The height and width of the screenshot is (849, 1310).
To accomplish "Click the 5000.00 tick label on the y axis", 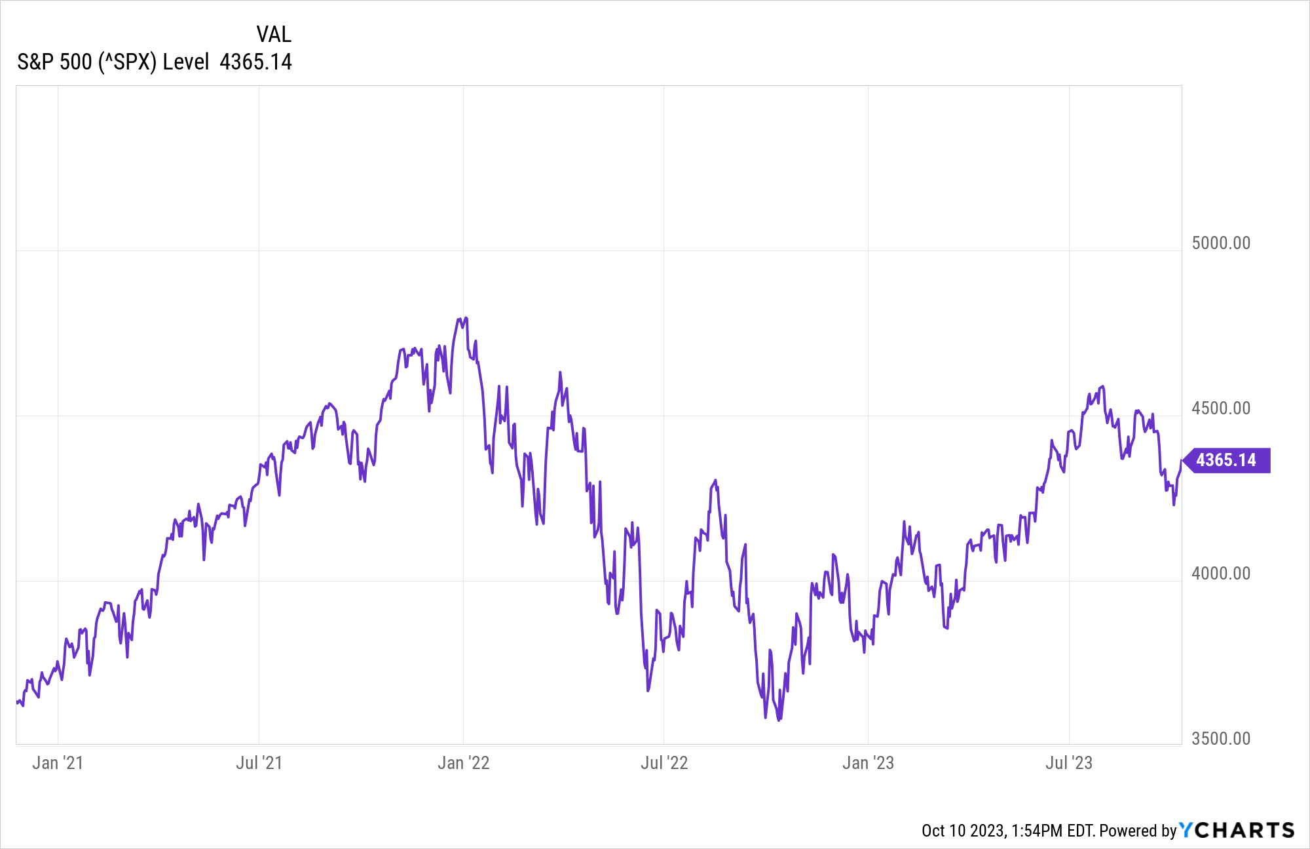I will (x=1220, y=243).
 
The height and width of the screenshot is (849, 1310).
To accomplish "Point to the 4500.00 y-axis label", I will (x=1220, y=408).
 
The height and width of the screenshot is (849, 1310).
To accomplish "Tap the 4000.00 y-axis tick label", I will (x=1220, y=574).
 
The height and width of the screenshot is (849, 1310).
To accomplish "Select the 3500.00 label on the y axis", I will (x=1220, y=739).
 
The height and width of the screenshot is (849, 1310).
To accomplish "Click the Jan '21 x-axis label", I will (x=58, y=763).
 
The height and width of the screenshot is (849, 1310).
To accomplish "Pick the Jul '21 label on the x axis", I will (x=259, y=763).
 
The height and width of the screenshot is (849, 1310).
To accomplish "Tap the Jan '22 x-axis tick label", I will (x=463, y=763).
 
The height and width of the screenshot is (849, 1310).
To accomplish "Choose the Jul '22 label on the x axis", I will (x=664, y=763).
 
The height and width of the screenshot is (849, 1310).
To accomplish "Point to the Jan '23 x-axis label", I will (x=868, y=763).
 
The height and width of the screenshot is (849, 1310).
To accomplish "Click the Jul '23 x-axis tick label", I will (x=1069, y=763).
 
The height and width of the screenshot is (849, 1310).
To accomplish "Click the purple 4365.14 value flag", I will (x=1226, y=460).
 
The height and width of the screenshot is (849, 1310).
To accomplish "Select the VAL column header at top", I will (x=274, y=34).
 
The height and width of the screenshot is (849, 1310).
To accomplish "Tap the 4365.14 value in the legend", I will (x=255, y=62).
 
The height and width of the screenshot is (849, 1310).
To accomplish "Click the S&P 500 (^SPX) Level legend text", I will (x=113, y=62).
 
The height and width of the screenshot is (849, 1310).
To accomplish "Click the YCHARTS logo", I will (x=1237, y=830).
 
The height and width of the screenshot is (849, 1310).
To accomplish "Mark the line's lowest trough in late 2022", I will (x=778, y=720).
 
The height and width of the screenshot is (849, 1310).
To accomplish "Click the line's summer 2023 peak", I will (x=1103, y=387).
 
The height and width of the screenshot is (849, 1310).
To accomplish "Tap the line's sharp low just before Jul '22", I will (x=648, y=690).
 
